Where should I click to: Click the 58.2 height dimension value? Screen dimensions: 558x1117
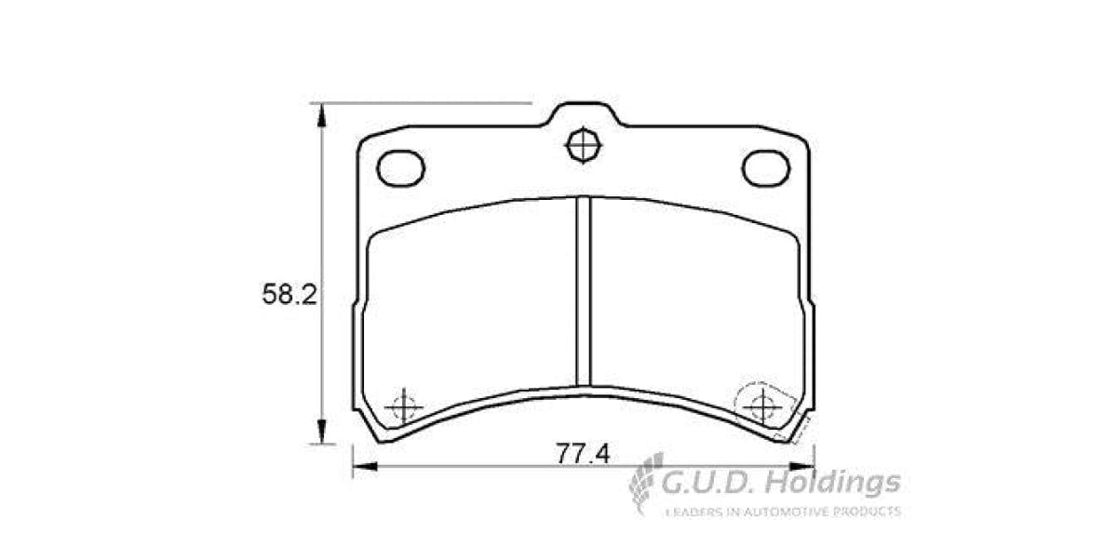[x=289, y=296]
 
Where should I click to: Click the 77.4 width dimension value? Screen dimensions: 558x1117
[x=582, y=454]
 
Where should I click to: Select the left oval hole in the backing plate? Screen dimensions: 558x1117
[x=401, y=168]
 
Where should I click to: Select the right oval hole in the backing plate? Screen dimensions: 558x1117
[x=765, y=167]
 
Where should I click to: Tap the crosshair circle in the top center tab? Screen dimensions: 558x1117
[x=584, y=145]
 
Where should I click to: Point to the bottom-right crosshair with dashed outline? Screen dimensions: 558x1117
[x=762, y=405]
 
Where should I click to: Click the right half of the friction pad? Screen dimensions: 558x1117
[x=693, y=298]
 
